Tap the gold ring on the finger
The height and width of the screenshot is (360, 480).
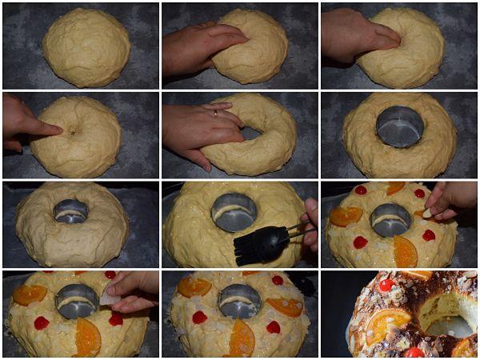[215, 114]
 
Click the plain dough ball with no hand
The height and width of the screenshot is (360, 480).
[86, 47]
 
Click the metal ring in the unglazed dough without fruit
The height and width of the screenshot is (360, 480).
[71, 211]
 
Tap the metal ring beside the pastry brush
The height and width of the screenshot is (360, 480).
[234, 212]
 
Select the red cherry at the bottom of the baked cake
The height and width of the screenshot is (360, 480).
[414, 352]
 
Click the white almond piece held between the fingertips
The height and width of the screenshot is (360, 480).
[427, 214]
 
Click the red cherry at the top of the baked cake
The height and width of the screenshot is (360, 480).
[386, 285]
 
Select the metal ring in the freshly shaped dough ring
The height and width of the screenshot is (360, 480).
[399, 126]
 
